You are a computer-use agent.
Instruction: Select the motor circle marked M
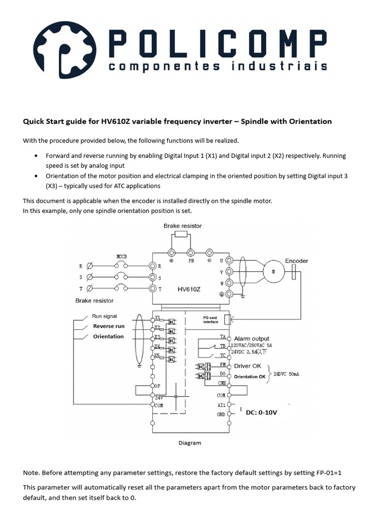point(271,272)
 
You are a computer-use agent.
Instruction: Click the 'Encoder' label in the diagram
point(296,261)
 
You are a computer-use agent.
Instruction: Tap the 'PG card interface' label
point(210,320)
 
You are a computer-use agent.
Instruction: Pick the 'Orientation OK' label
point(249,377)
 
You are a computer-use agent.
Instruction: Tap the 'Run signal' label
point(104,316)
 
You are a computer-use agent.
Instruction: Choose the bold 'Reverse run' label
point(109,326)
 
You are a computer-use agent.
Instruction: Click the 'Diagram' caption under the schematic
point(190,443)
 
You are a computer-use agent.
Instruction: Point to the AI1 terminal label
point(221,405)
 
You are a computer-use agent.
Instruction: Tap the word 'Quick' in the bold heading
point(34,121)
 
